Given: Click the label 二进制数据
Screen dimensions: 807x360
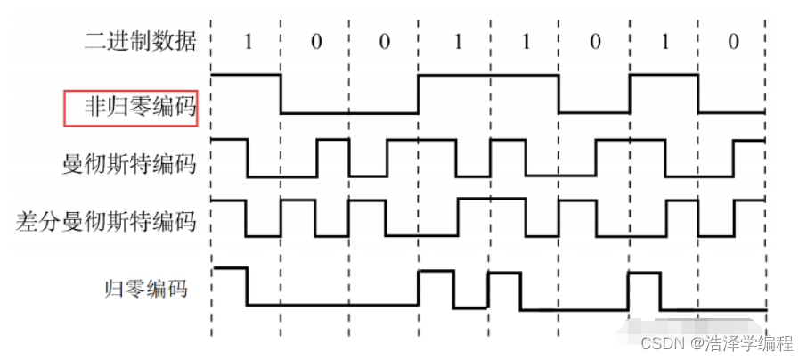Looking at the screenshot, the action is point(139,41).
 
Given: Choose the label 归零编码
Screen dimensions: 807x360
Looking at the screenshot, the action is point(146,287).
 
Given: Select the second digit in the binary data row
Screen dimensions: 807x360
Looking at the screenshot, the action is point(315,41).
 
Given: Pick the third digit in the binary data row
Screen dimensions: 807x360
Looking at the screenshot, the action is point(385,41).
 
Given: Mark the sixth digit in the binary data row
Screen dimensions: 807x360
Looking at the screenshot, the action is point(593,41).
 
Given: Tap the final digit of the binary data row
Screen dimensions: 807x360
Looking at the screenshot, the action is point(732,41).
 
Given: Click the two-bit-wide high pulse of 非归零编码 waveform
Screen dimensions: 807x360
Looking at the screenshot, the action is point(488,76).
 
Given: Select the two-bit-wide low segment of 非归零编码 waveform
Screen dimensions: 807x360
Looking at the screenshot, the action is point(349,113).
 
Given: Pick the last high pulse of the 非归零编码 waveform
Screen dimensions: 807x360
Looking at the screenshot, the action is point(663,76).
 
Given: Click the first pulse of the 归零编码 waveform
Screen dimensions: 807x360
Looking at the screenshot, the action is point(229,268).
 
